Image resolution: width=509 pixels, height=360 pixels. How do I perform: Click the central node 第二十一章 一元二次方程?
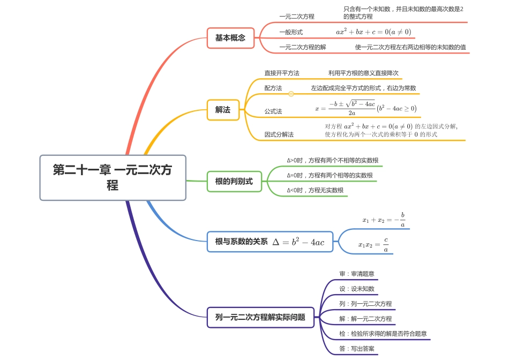[x=113, y=177]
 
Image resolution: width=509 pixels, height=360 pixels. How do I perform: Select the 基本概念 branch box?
[x=230, y=38]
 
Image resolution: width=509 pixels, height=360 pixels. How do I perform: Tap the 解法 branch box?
[x=223, y=110]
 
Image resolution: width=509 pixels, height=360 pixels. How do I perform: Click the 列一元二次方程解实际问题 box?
[x=260, y=317]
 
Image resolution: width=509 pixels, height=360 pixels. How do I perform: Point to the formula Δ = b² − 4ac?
[x=298, y=242]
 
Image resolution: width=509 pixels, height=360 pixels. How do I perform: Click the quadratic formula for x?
[x=365, y=108]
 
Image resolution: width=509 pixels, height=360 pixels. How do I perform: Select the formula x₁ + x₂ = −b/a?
[x=384, y=220]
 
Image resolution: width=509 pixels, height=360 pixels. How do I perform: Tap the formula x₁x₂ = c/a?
[x=373, y=245]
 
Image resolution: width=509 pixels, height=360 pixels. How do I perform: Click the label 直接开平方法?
[x=282, y=73]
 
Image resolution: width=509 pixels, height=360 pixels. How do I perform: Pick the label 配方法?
[x=273, y=88]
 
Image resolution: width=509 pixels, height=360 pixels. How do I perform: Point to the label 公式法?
[x=273, y=111]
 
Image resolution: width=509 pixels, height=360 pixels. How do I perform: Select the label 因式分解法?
[x=279, y=134]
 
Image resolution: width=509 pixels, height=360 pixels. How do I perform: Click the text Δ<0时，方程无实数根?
[x=315, y=190]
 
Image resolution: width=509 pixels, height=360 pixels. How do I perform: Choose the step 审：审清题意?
[x=357, y=274]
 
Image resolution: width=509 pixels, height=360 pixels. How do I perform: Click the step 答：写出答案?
[x=357, y=349]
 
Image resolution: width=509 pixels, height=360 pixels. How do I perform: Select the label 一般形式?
[x=291, y=32]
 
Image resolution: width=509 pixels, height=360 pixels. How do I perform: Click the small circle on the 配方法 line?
[x=291, y=94]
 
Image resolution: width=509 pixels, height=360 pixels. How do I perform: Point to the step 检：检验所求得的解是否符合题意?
[x=383, y=334]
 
